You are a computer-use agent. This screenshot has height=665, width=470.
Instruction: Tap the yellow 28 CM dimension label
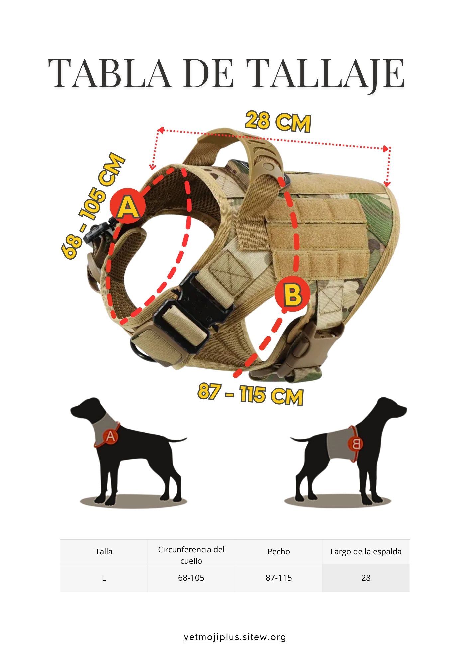coord(278,122)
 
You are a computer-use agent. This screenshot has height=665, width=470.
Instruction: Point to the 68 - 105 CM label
coord(93,205)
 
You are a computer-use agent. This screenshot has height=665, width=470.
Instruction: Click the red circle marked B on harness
coord(292,294)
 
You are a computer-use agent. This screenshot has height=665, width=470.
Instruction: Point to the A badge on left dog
coord(111,436)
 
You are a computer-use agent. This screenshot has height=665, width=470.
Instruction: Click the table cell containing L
coord(104,578)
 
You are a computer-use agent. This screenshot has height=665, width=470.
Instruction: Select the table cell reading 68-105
coord(191,578)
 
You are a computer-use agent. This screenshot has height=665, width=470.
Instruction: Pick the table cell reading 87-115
coord(279,578)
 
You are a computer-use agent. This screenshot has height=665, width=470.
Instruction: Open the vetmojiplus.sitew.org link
coord(235,637)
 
